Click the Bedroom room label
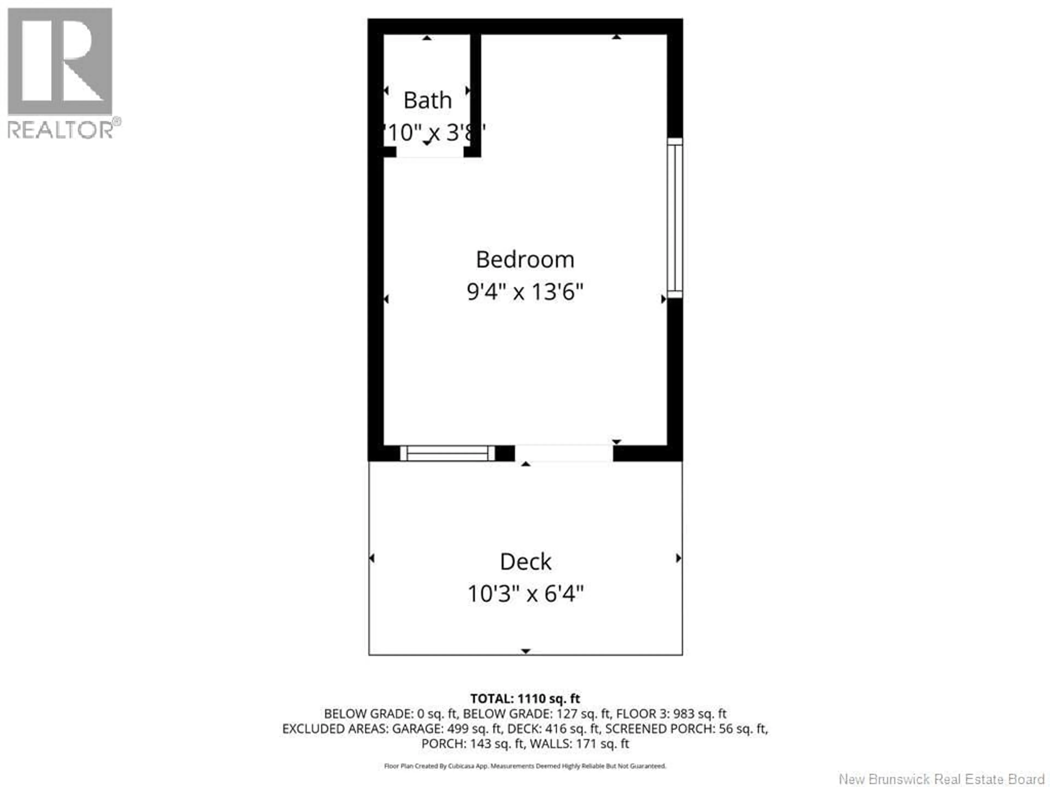pyautogui.click(x=525, y=260)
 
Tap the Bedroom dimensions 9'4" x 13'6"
pyautogui.click(x=525, y=291)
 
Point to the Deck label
pyautogui.click(x=526, y=562)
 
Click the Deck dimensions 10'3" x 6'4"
pyautogui.click(x=526, y=594)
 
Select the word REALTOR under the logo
pyautogui.click(x=60, y=130)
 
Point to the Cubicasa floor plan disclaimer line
pyautogui.click(x=525, y=766)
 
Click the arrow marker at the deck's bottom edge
pyautogui.click(x=526, y=651)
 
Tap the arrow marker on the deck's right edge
pyautogui.click(x=678, y=558)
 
